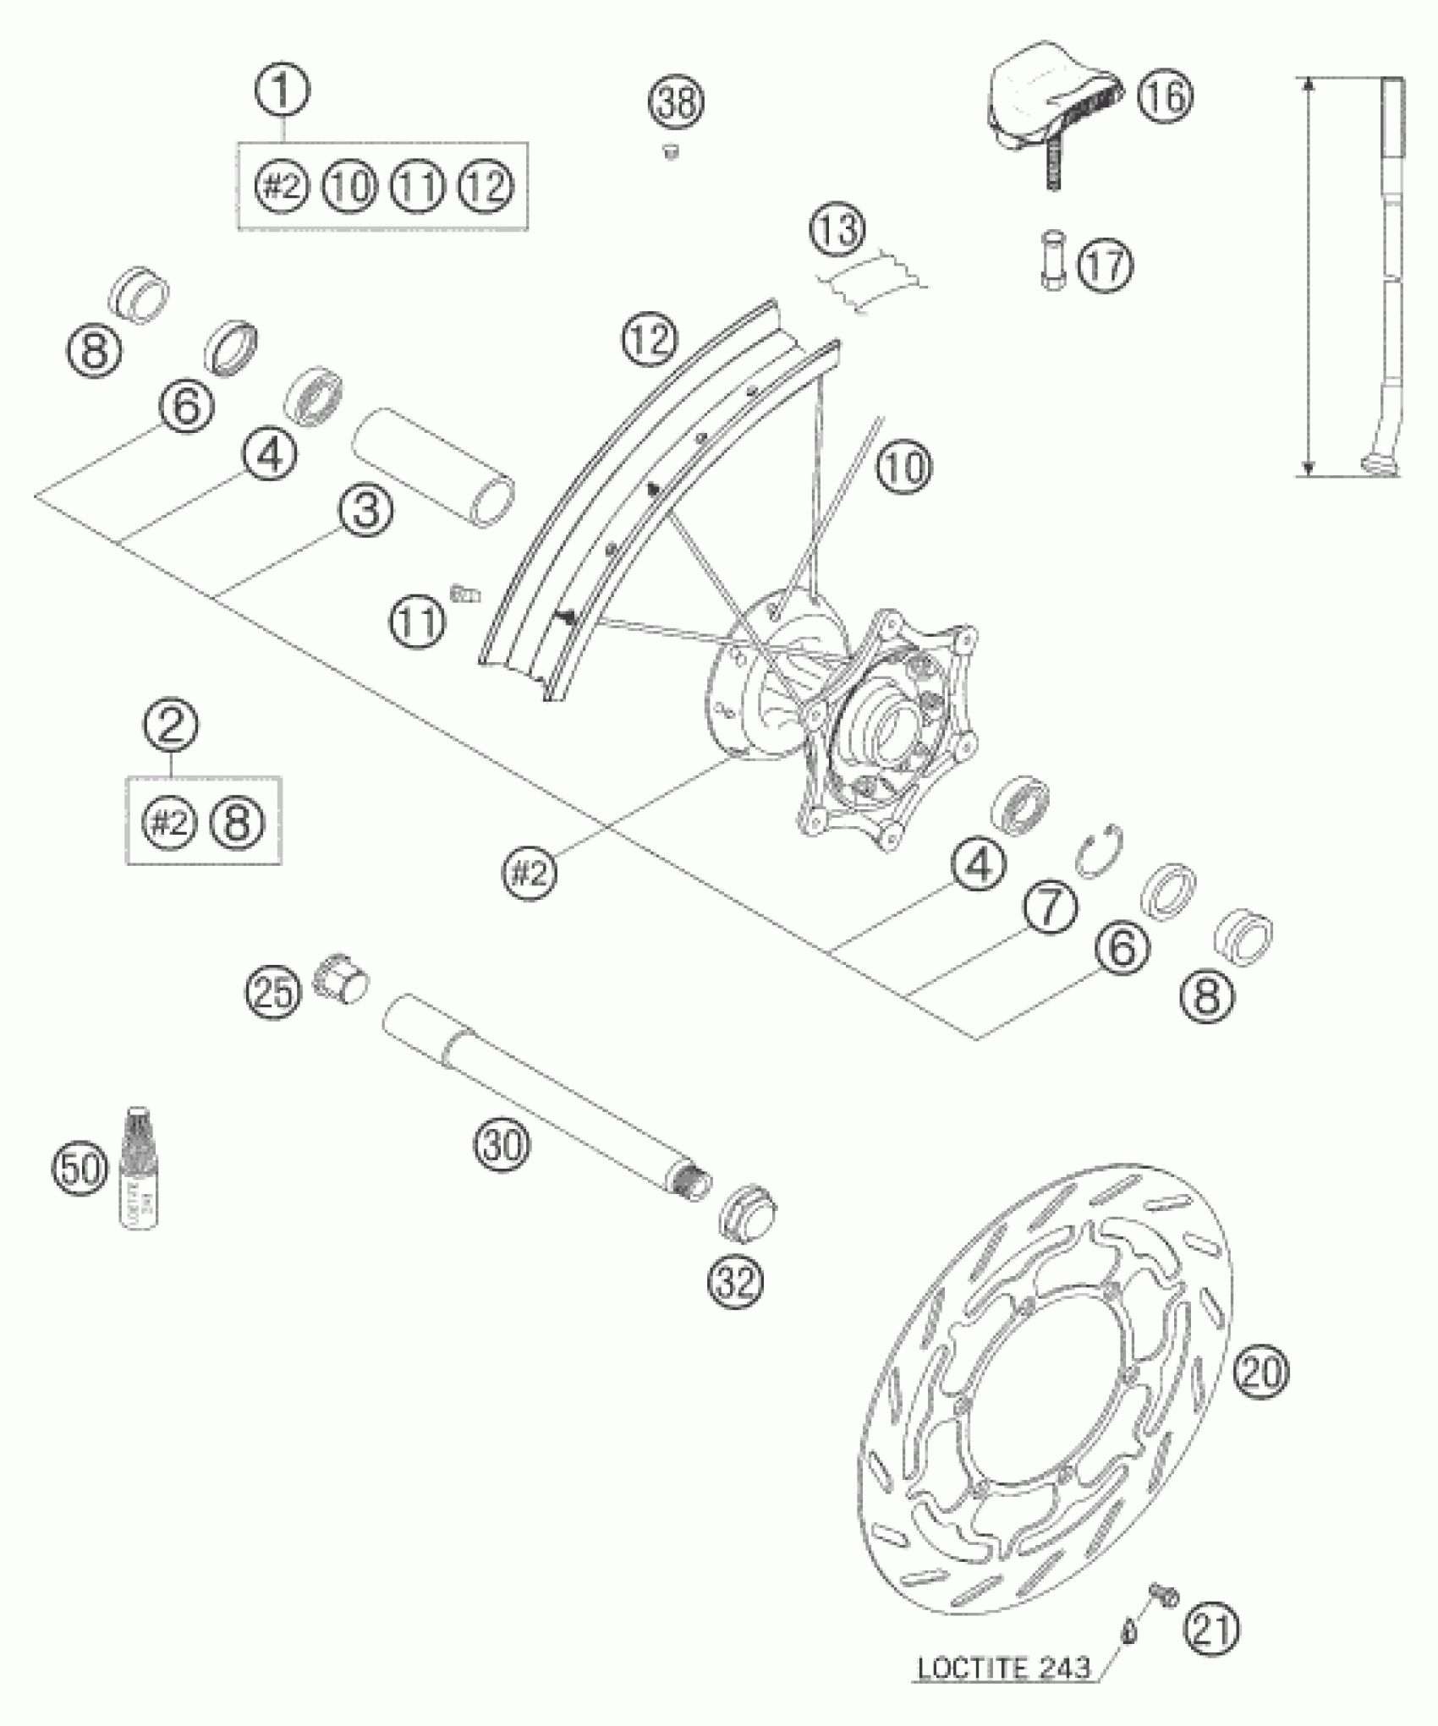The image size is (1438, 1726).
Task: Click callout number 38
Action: pos(678,103)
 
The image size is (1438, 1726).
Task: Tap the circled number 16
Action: pos(1164,96)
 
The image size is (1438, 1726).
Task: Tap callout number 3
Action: pos(365,512)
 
